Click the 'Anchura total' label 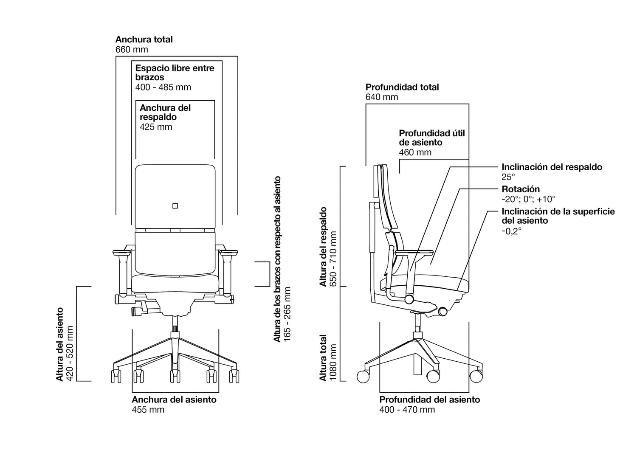144,39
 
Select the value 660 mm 132,50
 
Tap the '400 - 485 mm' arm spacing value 163,87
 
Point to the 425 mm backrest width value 156,127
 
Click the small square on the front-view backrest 175,206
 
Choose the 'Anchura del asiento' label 174,400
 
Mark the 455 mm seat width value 148,410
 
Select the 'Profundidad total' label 402,87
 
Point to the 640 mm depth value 382,97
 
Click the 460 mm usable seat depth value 415,152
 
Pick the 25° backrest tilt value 508,177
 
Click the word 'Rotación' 521,189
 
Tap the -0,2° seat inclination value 511,231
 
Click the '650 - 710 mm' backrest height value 333,259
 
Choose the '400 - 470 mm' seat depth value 407,410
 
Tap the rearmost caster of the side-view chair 363,376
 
